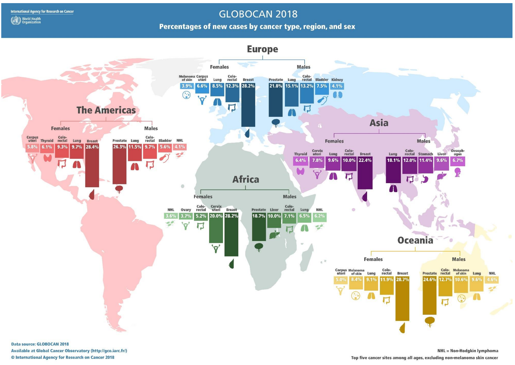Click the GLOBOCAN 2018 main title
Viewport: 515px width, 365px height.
pyautogui.click(x=258, y=14)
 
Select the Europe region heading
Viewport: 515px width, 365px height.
pyautogui.click(x=262, y=49)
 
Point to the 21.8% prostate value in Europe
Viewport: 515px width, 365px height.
pyautogui.click(x=275, y=86)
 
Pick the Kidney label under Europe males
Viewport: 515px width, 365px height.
pyautogui.click(x=337, y=80)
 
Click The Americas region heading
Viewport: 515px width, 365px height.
pyautogui.click(x=106, y=110)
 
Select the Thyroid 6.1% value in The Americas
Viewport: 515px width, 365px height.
pyautogui.click(x=47, y=147)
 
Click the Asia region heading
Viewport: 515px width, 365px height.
pyautogui.click(x=379, y=123)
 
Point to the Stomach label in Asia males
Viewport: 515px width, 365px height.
pyautogui.click(x=426, y=154)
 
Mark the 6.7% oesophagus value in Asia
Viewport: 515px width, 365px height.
pyautogui.click(x=457, y=160)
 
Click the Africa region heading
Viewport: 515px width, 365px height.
pyautogui.click(x=246, y=179)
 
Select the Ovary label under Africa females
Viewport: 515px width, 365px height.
pyautogui.click(x=186, y=210)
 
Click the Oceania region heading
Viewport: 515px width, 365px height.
pyautogui.click(x=415, y=240)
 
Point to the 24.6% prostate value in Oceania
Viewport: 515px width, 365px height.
pyautogui.click(x=429, y=280)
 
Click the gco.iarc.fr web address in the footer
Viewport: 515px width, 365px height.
pyautogui.click(x=109, y=351)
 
